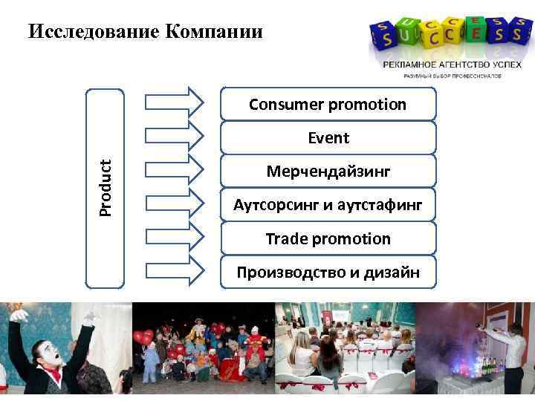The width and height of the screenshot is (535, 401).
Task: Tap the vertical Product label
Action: tap(106, 188)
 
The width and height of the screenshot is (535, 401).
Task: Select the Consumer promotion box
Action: tap(328, 105)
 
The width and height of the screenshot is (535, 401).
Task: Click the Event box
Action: tap(328, 138)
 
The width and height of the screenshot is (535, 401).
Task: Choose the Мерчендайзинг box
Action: tap(328, 172)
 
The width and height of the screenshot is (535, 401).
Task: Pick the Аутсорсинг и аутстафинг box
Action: tap(328, 205)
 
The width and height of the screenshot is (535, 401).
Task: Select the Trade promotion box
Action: tap(328, 239)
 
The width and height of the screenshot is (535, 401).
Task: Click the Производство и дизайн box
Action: tap(328, 273)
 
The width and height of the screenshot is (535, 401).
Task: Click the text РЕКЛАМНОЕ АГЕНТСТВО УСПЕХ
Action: tap(441, 65)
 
